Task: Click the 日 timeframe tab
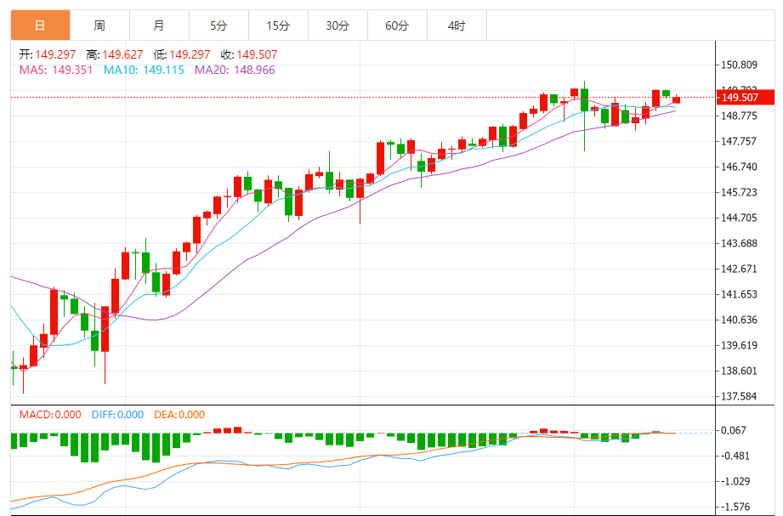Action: [40, 26]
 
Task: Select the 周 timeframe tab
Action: [99, 26]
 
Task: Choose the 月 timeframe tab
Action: [159, 26]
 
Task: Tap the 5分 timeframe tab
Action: [218, 26]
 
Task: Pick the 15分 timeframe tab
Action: [278, 26]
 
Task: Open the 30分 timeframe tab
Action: [338, 26]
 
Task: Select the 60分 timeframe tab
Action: [397, 26]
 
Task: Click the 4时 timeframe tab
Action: [457, 26]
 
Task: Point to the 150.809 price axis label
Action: [739, 65]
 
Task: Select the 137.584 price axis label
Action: [739, 396]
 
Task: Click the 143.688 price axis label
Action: [739, 243]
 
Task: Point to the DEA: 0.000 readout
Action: [179, 415]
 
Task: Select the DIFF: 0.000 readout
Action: [117, 415]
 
